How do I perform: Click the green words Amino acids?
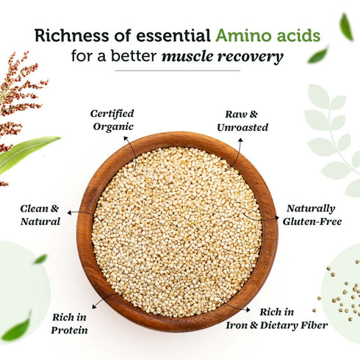coord(267,35)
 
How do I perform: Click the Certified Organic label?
coord(112,120)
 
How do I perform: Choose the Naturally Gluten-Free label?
coord(311,214)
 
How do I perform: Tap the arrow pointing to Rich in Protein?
coord(102,301)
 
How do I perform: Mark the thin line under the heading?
coord(178,71)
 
